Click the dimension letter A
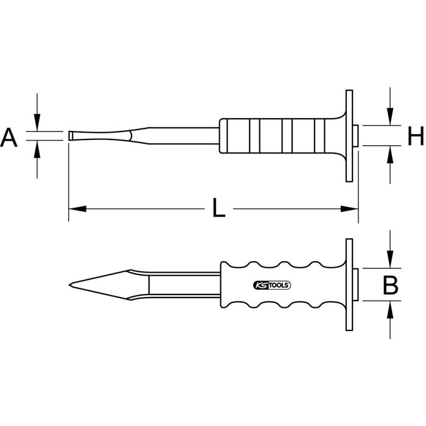point(9,138)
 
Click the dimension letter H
point(416,136)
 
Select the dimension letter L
point(219,208)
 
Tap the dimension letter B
point(391,285)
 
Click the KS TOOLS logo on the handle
point(271,285)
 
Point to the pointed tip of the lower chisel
point(69,285)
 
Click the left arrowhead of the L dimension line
point(77,209)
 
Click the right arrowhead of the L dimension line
point(349,209)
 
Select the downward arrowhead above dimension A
point(37,122)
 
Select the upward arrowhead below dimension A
point(37,149)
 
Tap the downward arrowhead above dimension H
point(390,117)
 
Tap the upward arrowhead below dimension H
point(390,155)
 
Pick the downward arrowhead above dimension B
point(390,259)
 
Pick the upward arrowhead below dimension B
point(390,310)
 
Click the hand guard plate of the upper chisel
point(349,136)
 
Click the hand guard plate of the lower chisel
point(349,285)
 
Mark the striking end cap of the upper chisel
point(355,136)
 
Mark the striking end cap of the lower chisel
point(355,285)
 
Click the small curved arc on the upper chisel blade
point(131,136)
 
